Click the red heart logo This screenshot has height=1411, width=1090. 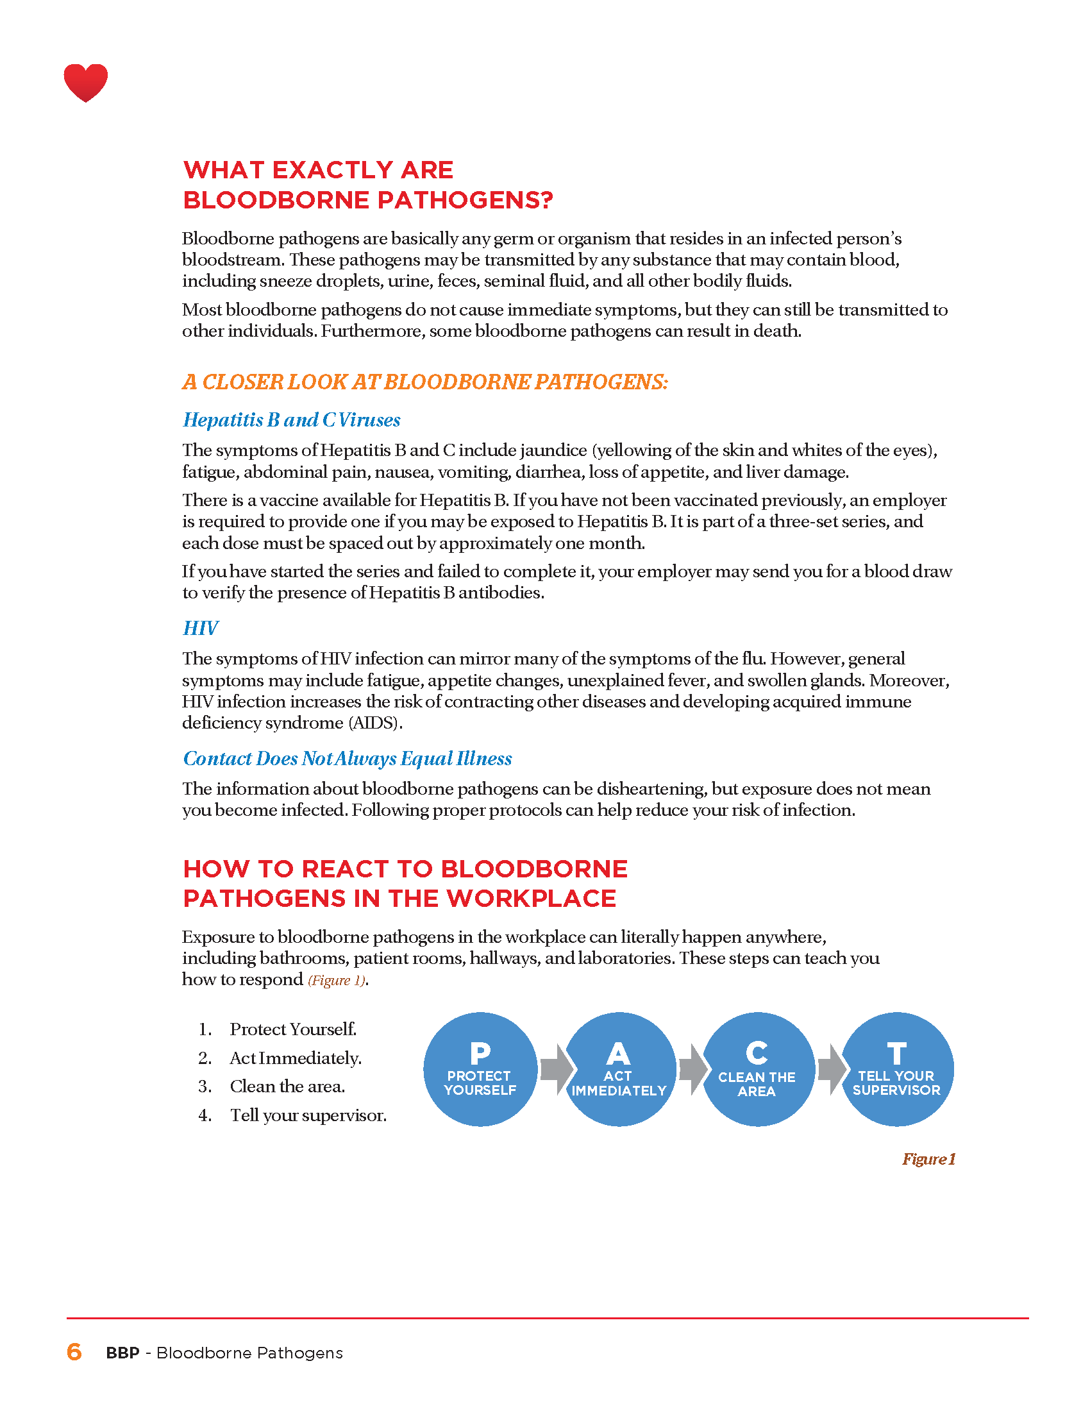click(85, 82)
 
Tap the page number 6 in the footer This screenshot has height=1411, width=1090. click(74, 1351)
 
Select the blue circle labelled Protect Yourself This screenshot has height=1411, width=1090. click(480, 1069)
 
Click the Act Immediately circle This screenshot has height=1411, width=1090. click(619, 1069)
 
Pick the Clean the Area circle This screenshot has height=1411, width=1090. click(757, 1069)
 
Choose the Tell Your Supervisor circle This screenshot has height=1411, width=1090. click(896, 1069)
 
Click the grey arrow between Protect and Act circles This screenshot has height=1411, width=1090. click(555, 1069)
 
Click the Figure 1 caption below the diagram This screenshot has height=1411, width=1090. click(928, 1159)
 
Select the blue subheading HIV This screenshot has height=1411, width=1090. click(200, 628)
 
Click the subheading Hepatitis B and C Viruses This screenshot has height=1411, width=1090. click(291, 420)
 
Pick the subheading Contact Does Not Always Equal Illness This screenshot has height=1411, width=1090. click(348, 759)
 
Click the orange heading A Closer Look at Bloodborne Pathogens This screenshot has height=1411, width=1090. click(425, 382)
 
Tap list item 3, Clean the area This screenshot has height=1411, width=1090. click(287, 1086)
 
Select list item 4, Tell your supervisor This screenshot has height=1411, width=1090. click(308, 1116)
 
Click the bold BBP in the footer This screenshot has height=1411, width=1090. click(122, 1353)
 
